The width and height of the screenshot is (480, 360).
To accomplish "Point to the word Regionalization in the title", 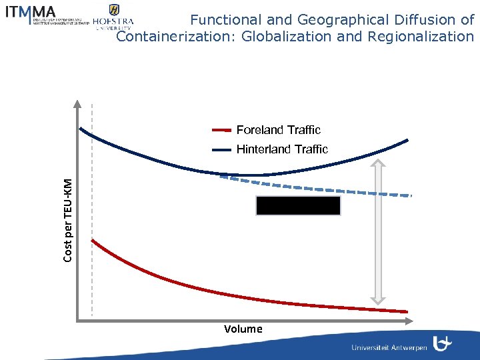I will tap(420, 36).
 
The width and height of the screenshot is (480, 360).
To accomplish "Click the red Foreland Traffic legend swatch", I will tap(221, 130).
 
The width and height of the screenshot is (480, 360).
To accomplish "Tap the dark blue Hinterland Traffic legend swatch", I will tap(221, 149).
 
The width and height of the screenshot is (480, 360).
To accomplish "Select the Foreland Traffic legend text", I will tap(278, 130).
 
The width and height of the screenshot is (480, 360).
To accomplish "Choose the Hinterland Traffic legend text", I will tap(282, 149).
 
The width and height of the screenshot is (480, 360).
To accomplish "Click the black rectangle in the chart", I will tap(298, 205).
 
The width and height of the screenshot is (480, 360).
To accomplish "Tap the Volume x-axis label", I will tap(243, 329).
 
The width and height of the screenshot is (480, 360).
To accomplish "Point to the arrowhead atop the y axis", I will tap(77, 104).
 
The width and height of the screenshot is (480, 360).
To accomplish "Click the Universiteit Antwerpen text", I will tap(389, 348).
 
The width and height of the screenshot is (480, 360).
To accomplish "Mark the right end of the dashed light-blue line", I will tap(411, 195).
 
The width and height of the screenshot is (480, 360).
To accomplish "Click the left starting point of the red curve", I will tap(92, 239).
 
